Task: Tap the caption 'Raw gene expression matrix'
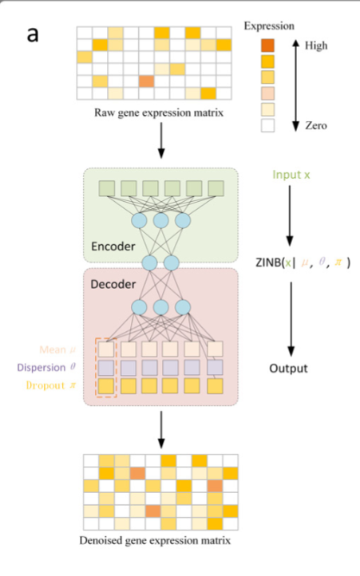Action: point(157,112)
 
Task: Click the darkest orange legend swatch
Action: point(267,45)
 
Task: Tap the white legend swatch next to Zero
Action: point(267,124)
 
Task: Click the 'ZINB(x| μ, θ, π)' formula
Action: point(307,262)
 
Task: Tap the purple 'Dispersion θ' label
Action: point(55,368)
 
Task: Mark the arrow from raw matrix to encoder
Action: point(162,141)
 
